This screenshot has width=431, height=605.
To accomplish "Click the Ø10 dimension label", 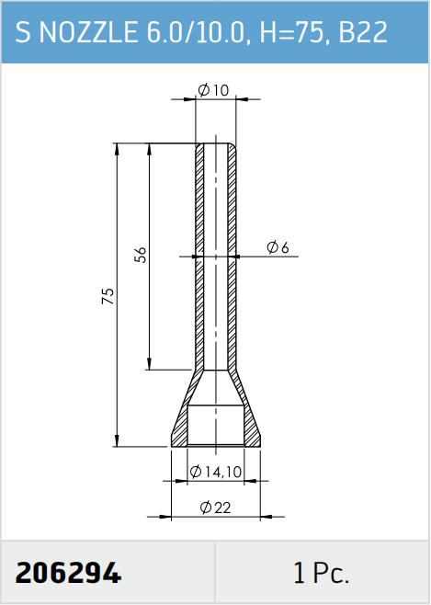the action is point(213,90).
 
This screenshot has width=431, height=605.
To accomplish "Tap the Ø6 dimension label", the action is point(278,247).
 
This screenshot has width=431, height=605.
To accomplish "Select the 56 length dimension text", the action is point(141,255).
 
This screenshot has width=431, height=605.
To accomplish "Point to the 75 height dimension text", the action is point(108,295).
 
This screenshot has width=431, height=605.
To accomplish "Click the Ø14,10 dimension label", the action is point(216,472).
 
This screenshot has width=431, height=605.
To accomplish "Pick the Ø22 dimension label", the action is point(215,507).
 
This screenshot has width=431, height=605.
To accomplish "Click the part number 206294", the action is point(68,573).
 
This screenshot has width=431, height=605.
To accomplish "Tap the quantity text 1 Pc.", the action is point(321,573).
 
